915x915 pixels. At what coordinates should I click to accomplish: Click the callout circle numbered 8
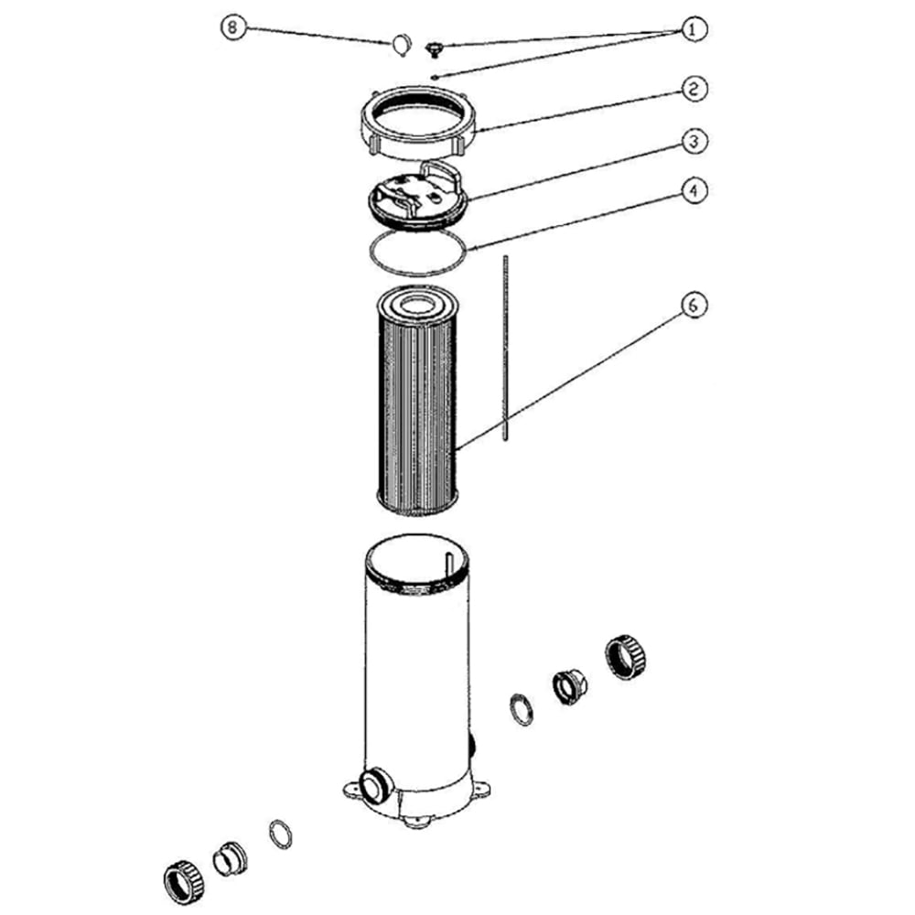(233, 27)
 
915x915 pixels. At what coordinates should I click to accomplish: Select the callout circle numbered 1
(692, 29)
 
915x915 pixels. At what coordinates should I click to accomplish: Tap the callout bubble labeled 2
(692, 89)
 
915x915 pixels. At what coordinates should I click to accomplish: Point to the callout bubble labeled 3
(692, 142)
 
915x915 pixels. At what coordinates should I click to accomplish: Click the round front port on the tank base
(374, 783)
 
